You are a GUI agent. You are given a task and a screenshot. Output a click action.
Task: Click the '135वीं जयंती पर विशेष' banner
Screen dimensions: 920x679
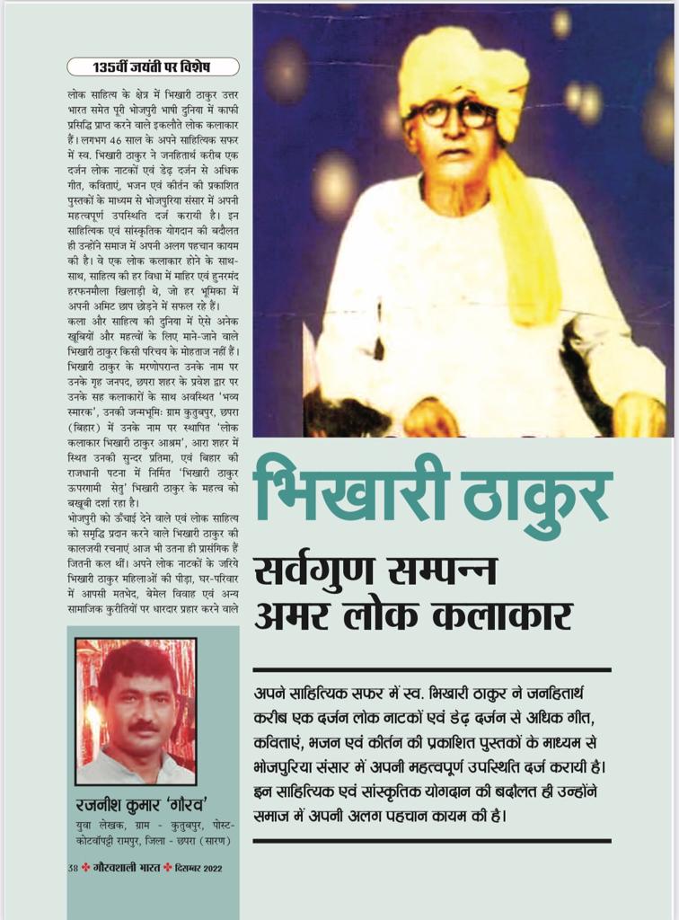click(154, 66)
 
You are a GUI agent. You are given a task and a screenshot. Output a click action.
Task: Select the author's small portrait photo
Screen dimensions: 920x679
click(136, 711)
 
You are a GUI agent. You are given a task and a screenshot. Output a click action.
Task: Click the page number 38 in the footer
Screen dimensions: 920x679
click(73, 867)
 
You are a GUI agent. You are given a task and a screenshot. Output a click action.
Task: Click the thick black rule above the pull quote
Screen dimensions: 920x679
click(431, 670)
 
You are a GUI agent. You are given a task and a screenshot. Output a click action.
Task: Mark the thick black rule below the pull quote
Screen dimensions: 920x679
click(431, 840)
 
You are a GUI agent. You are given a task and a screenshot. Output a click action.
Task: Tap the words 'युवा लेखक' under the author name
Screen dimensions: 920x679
click(94, 825)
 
